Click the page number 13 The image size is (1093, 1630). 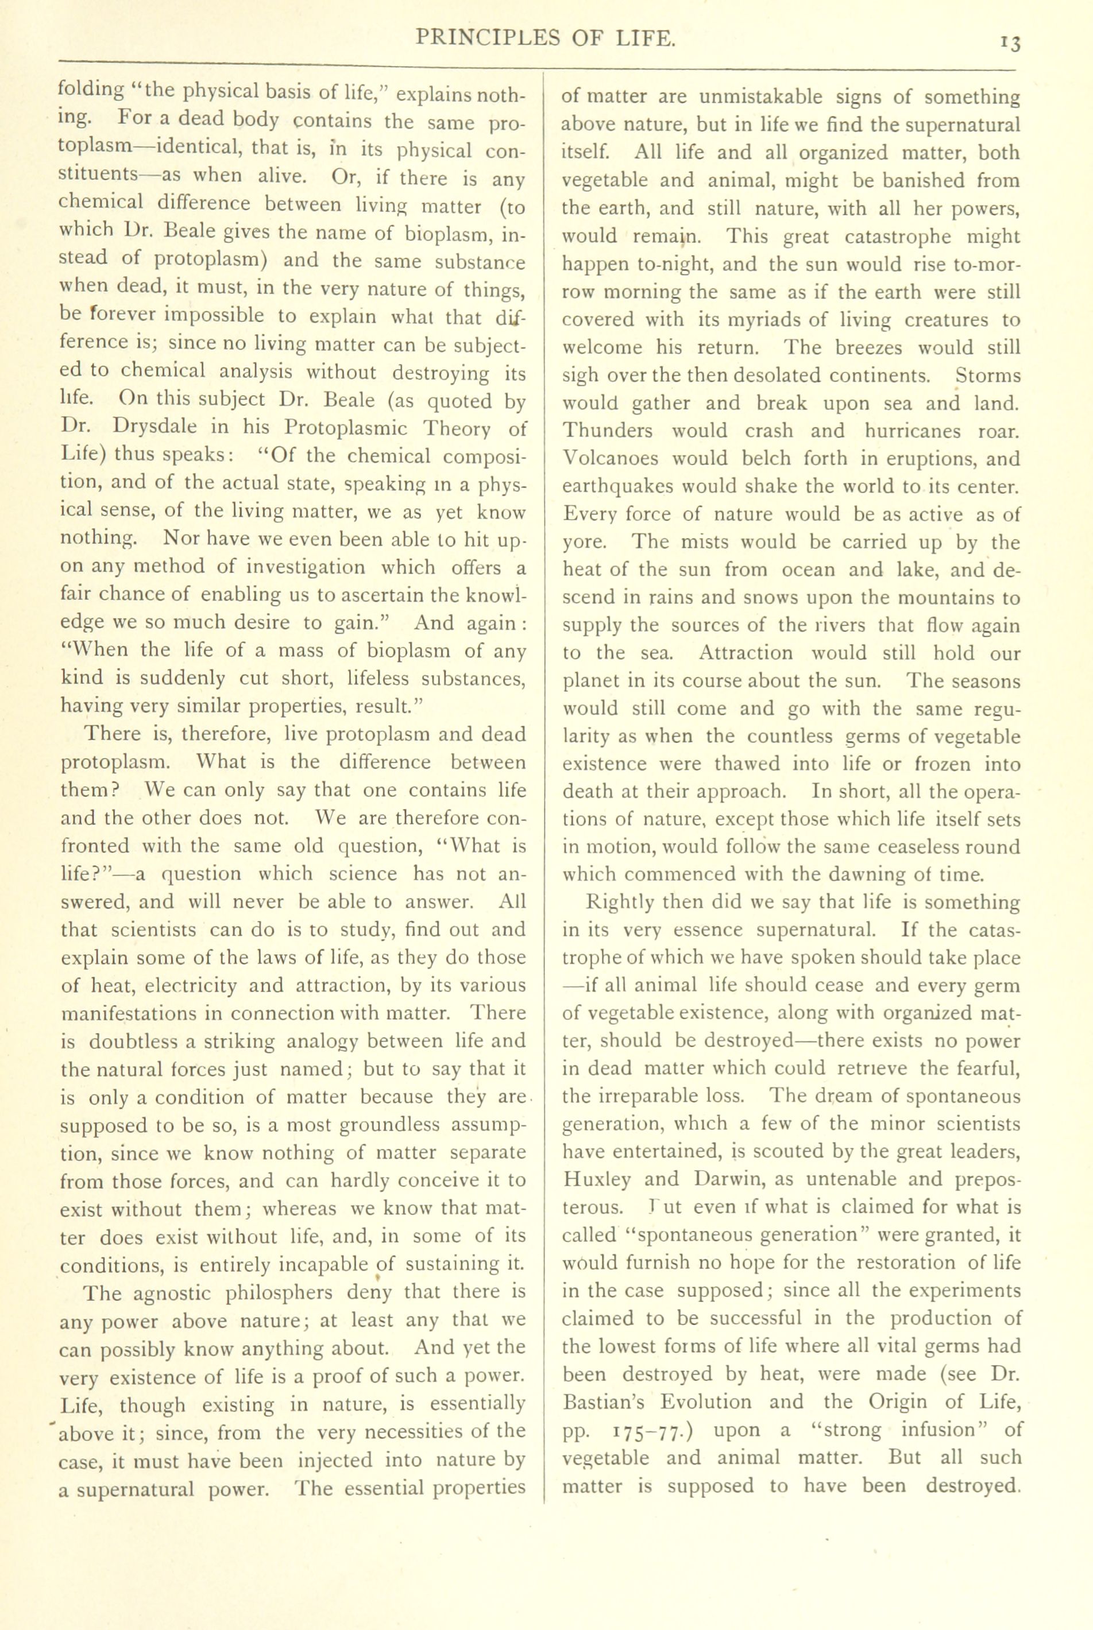pyautogui.click(x=1010, y=43)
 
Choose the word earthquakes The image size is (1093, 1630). pyautogui.click(x=617, y=487)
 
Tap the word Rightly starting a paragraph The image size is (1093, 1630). pyautogui.click(x=620, y=903)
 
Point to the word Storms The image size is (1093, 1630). pyautogui.click(x=988, y=375)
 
